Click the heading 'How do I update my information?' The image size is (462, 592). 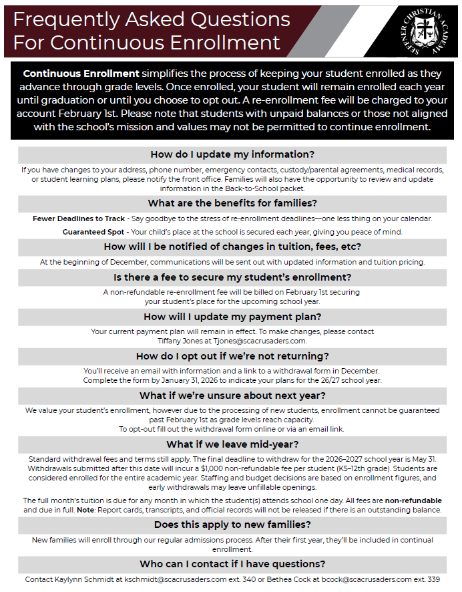(232, 154)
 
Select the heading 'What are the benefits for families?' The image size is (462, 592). (232, 203)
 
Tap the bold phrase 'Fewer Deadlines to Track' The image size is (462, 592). (79, 218)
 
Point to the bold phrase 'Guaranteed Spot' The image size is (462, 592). (94, 232)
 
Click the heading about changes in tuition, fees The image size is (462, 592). (232, 247)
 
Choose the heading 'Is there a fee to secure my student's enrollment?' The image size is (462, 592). (232, 277)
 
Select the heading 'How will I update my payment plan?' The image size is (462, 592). (232, 316)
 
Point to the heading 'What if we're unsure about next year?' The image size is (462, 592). (232, 396)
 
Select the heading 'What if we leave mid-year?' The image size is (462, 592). (232, 444)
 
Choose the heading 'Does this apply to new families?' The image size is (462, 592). (232, 525)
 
